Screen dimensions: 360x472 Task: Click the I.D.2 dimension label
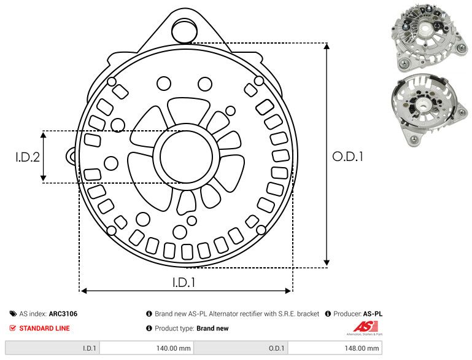point(28,157)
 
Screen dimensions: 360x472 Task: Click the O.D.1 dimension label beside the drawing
point(348,157)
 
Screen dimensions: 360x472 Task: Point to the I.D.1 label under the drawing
point(184,283)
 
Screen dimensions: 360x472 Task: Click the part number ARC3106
point(63,313)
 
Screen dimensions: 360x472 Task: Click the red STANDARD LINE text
point(44,328)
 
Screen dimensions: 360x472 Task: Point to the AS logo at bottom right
point(364,327)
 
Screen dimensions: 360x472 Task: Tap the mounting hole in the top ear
point(182,28)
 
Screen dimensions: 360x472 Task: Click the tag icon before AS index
point(13,313)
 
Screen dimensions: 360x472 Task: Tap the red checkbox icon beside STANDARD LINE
point(13,328)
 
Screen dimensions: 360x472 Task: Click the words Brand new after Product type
point(212,328)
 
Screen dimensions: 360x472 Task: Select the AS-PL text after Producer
point(373,313)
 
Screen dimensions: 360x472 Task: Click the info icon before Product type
point(149,328)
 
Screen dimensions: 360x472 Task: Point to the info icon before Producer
point(328,313)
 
